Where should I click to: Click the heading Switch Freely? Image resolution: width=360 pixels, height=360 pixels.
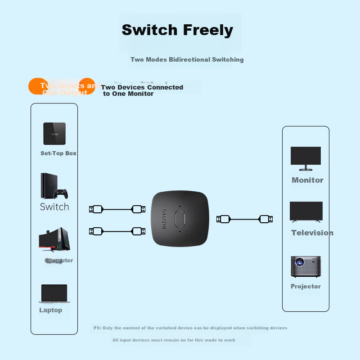177,30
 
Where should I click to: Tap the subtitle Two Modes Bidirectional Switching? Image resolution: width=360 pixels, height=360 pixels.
187,59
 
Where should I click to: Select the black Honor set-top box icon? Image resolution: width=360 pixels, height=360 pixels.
54,133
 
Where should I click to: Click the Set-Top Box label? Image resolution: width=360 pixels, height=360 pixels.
58,153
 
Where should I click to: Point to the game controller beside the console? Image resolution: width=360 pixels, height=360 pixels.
61,193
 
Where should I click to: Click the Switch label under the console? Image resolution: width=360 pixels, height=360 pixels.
54,207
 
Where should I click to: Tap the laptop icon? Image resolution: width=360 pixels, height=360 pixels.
54,294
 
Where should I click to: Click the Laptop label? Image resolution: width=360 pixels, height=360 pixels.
51,310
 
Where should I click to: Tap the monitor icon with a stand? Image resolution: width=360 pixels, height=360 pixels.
306,158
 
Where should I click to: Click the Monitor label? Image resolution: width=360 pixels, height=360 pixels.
307,180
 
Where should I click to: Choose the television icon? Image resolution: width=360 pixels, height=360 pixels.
306,211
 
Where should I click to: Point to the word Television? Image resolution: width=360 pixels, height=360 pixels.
312,233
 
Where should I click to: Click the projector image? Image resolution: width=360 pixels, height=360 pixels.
306,267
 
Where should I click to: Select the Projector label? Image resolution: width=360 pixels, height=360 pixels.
306,286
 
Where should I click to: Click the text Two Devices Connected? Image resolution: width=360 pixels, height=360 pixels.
142,87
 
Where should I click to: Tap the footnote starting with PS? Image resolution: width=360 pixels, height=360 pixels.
190,328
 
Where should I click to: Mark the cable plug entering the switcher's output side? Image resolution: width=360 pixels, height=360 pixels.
223,219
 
